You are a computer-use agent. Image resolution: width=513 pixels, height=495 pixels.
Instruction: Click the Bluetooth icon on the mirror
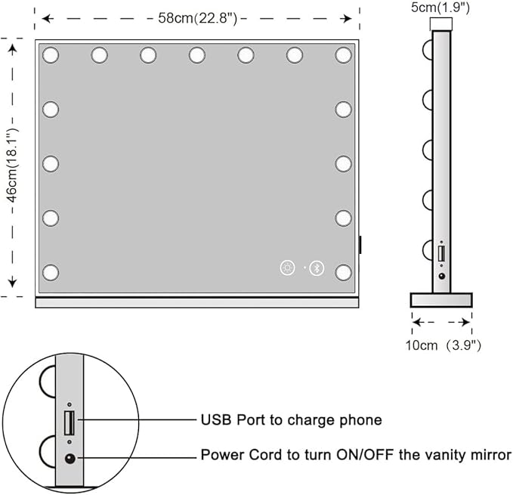(318, 268)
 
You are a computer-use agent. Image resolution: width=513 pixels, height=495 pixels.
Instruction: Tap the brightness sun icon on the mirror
(287, 268)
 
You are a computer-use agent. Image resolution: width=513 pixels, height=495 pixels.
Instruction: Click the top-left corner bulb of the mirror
(51, 54)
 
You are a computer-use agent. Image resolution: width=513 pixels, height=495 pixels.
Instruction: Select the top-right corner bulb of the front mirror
(344, 54)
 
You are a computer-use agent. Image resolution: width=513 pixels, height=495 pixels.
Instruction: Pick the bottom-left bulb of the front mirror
(51, 272)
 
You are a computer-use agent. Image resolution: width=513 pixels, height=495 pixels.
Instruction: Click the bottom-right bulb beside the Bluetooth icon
(344, 272)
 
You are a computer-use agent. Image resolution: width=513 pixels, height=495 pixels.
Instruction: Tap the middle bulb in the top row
(197, 54)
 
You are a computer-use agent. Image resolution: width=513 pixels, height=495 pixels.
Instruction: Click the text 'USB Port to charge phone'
(291, 420)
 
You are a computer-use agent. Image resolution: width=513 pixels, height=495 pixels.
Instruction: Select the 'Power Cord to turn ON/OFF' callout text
(356, 456)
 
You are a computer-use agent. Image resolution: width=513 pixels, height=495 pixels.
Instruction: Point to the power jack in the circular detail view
(70, 457)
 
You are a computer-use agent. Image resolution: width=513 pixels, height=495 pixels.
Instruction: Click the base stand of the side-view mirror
(441, 300)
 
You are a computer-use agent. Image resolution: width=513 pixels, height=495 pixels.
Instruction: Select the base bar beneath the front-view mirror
(197, 302)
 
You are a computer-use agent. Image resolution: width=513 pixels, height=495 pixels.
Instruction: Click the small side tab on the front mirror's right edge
(360, 245)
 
